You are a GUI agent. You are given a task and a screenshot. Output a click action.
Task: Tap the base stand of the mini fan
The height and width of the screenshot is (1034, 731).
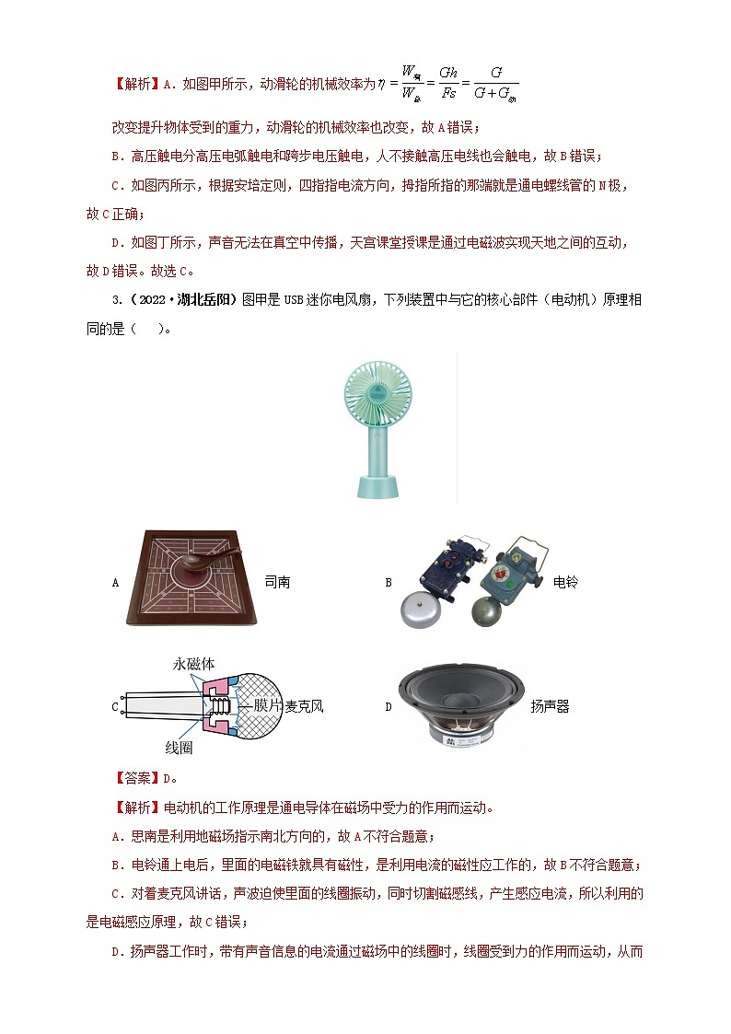[377, 486]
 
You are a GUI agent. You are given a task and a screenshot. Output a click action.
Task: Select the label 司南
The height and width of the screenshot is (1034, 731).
[277, 582]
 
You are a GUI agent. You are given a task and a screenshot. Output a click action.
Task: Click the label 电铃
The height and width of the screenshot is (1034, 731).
[565, 582]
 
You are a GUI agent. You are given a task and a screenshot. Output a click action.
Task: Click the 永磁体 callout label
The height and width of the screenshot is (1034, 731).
[193, 664]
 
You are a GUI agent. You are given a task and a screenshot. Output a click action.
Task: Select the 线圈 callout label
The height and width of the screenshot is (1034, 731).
[179, 747]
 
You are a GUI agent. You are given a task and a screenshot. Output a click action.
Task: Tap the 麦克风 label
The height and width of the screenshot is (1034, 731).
[304, 706]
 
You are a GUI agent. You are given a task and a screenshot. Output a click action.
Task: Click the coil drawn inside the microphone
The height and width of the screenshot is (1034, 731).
[219, 706]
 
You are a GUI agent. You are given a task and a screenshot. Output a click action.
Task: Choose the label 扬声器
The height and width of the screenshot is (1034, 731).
[550, 707]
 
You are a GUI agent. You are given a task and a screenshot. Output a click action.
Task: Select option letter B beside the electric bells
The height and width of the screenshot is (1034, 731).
[389, 583]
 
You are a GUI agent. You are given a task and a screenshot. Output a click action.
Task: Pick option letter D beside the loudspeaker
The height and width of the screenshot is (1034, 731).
[389, 707]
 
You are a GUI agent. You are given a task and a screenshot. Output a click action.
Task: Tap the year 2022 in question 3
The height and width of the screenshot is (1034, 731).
[153, 300]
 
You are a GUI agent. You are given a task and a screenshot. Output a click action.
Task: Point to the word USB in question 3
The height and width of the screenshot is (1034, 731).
[294, 300]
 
